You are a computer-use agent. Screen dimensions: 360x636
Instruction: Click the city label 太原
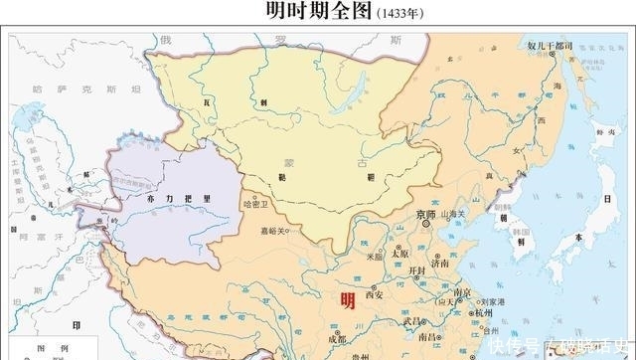click(399, 253)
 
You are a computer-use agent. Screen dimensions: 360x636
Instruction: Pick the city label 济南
click(439, 263)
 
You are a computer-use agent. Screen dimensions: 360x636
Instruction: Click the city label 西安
click(374, 294)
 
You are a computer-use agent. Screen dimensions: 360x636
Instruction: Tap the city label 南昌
click(429, 337)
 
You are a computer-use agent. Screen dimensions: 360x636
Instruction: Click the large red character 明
click(347, 301)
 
